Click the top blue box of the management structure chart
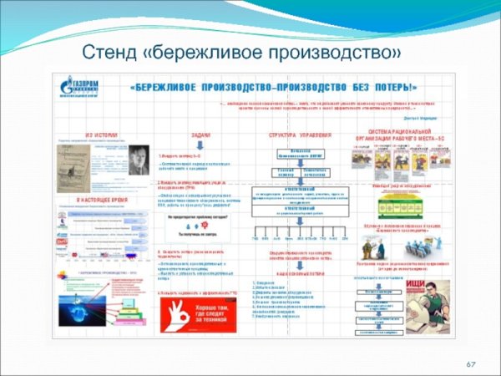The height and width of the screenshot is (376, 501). pyautogui.click(x=300, y=153)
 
